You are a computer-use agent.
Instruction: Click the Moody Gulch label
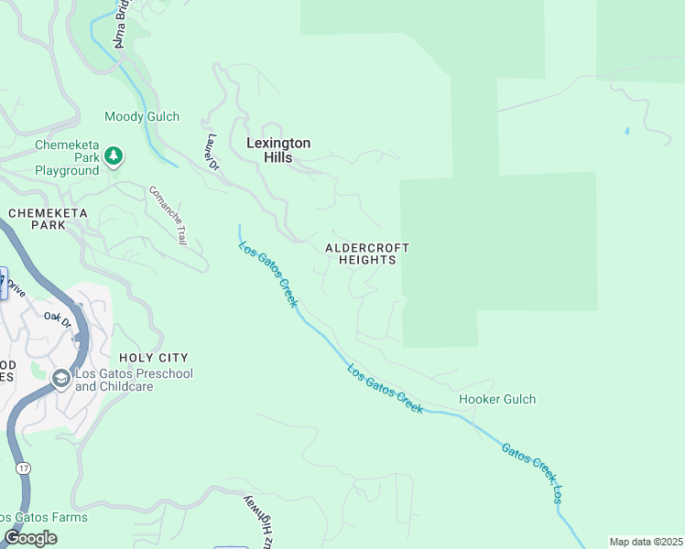pos(142,117)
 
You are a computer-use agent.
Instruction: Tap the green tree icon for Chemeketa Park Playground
pos(114,156)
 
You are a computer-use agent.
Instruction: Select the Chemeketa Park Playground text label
pos(67,157)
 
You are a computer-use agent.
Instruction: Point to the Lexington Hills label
pos(278,150)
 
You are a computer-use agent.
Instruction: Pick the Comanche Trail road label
pos(169,214)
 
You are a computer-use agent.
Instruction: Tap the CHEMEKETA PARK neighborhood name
pos(47,219)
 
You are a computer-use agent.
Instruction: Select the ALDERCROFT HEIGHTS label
pos(367,253)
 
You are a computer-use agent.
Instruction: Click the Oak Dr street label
pos(58,319)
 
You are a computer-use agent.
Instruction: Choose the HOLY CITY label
pos(154,358)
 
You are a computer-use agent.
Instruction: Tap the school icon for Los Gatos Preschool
pos(61,379)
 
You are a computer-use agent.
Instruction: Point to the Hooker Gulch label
pos(496,399)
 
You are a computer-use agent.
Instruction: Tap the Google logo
pos(30,538)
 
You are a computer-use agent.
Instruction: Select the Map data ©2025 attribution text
pos(646,542)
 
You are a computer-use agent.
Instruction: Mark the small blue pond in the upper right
pos(626,131)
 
